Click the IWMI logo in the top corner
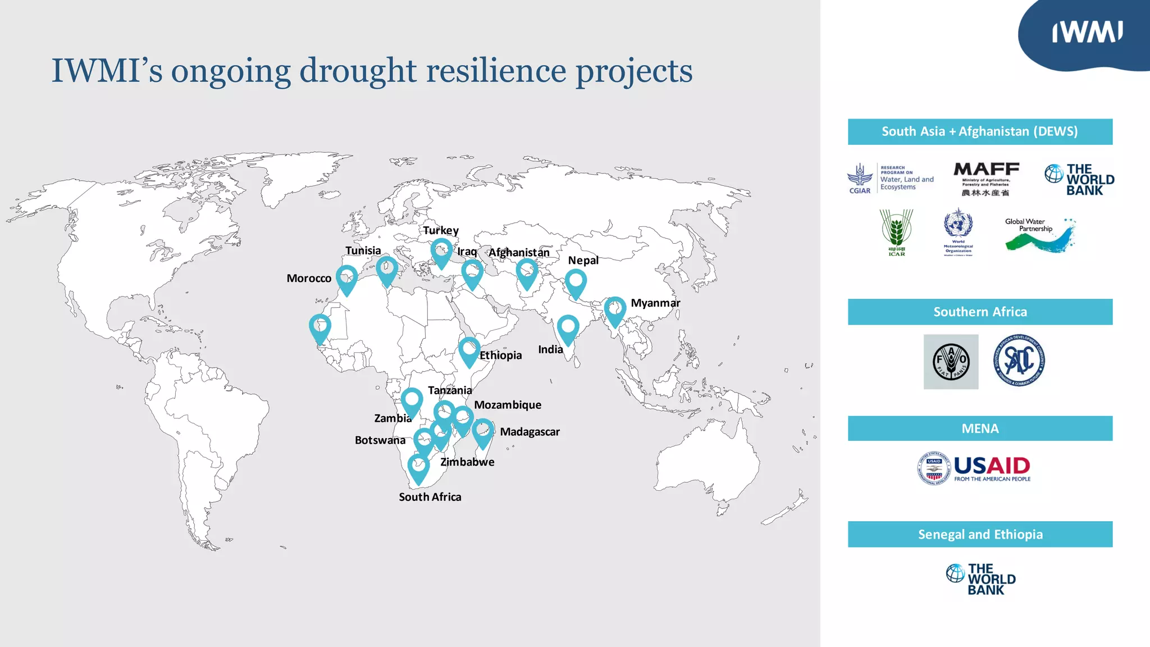click(1087, 33)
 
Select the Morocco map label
click(309, 279)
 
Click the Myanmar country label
click(655, 303)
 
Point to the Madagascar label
click(530, 432)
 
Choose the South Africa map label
click(430, 497)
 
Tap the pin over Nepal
click(576, 282)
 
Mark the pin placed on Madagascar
click(483, 432)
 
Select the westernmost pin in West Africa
click(320, 327)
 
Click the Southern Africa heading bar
click(980, 312)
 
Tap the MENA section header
click(980, 429)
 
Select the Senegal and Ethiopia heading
click(980, 534)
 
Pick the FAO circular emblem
click(951, 362)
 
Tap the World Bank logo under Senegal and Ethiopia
click(980, 579)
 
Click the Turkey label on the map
click(441, 231)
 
